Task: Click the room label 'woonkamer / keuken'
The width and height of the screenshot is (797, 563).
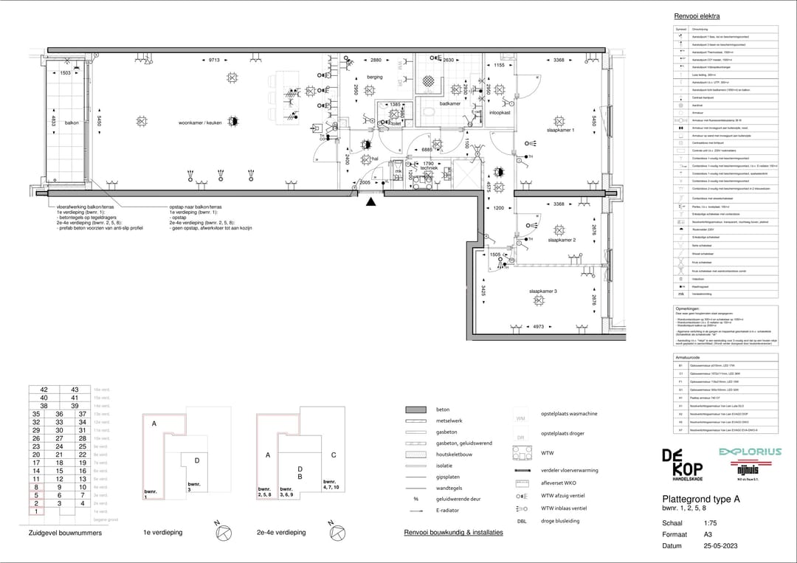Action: [201, 122]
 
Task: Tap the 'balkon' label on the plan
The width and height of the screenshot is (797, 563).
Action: [72, 123]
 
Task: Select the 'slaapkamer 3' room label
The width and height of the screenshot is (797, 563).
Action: [542, 291]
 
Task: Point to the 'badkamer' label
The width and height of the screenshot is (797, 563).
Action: [449, 104]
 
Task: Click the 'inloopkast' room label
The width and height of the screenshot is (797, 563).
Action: [501, 113]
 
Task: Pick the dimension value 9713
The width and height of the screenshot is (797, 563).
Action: [214, 60]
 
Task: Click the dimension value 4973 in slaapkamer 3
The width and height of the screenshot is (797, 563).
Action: [538, 325]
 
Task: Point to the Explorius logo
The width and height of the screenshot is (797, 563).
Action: [750, 452]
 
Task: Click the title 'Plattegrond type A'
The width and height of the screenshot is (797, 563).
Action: [700, 500]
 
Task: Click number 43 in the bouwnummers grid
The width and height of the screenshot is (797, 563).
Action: [75, 390]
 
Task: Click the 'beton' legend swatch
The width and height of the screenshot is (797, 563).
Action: [417, 410]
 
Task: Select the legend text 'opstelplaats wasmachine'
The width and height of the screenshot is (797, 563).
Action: [569, 414]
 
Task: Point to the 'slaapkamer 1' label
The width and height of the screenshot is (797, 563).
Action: [560, 130]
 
